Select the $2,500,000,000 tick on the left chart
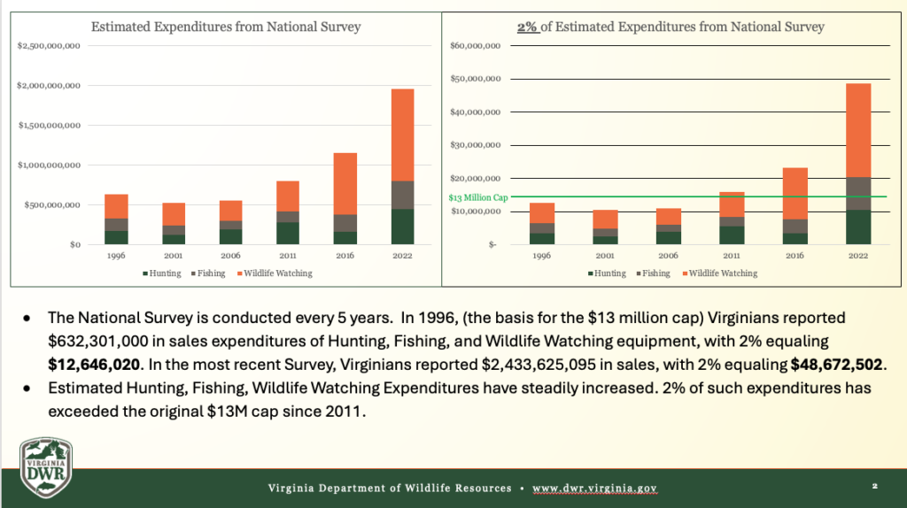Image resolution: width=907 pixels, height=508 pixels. [50, 46]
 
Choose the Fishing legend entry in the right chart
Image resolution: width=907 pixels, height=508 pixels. [653, 273]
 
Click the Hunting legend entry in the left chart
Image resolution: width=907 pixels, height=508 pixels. [165, 273]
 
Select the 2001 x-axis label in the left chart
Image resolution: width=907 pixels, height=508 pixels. [174, 255]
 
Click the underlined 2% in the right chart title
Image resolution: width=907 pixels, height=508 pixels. [527, 27]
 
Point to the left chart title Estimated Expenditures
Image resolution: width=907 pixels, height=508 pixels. [226, 27]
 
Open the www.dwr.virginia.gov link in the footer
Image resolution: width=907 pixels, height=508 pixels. [593, 489]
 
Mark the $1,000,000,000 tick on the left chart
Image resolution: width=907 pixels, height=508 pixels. [50, 165]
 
